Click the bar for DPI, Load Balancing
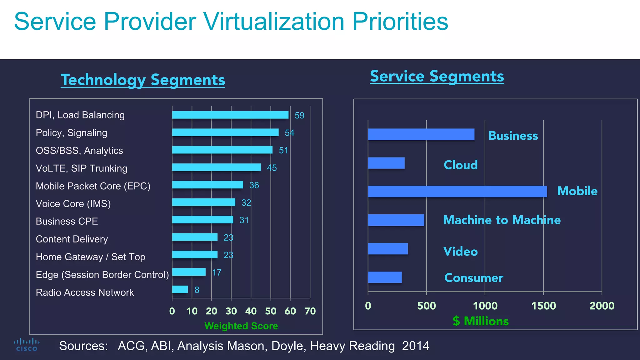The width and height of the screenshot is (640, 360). (230, 115)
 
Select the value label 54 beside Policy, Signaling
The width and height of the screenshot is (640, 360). (289, 133)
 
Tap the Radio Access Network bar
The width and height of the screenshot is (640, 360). (180, 289)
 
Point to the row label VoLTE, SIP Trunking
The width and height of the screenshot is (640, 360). (81, 168)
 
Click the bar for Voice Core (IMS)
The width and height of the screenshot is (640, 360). (203, 202)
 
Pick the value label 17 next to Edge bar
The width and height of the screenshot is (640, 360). (217, 272)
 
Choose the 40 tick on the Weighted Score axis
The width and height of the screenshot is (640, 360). (251, 311)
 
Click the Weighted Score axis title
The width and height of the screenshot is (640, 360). (241, 326)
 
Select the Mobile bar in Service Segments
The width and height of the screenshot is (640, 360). (457, 191)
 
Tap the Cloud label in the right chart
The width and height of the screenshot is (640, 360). (461, 165)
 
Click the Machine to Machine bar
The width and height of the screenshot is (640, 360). (396, 220)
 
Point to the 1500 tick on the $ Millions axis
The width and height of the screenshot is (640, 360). (543, 305)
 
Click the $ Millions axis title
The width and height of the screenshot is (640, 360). (481, 321)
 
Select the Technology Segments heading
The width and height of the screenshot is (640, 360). (143, 80)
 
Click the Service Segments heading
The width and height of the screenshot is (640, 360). (437, 76)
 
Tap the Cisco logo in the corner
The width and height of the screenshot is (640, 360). (27, 345)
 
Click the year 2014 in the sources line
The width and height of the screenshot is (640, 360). (415, 346)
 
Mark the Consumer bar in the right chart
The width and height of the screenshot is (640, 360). (385, 277)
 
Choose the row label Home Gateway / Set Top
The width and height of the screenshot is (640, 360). (90, 257)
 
